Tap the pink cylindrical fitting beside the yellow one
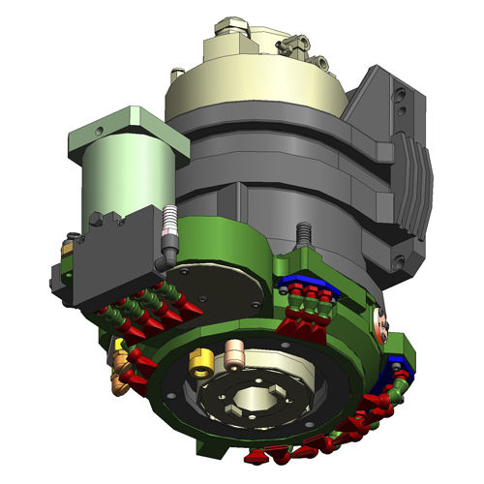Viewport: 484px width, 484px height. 233,353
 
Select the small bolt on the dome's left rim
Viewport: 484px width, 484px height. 176,74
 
